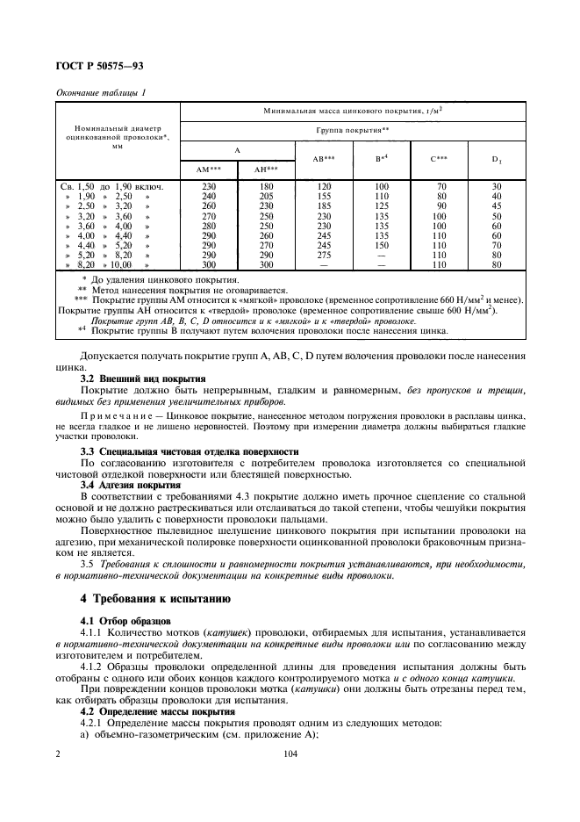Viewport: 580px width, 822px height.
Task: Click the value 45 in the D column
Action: click(497, 205)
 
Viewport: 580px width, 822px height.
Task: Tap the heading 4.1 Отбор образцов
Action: click(119, 622)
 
